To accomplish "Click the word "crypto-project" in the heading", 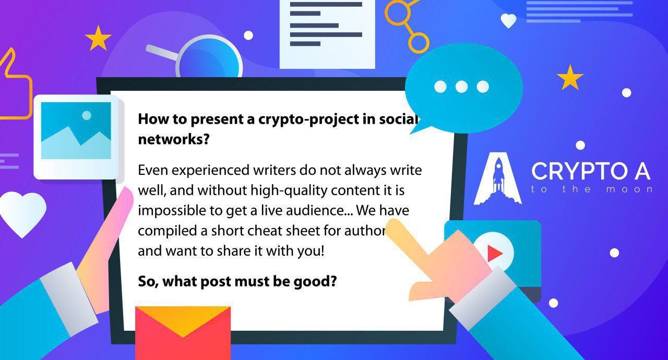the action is (x=308, y=119).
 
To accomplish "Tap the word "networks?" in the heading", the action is (x=174, y=139).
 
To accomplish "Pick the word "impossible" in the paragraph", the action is (x=172, y=211).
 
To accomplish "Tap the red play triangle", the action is (x=495, y=254).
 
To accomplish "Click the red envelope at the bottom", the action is (x=183, y=333).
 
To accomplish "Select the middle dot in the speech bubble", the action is (x=462, y=87).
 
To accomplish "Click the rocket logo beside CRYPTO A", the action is (x=498, y=178).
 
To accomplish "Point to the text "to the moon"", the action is (x=592, y=189).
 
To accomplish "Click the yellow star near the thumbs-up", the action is (x=98, y=39).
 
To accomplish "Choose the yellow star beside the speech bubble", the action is (x=570, y=78).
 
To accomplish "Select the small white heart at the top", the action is (x=508, y=20).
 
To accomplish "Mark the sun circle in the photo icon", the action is (x=87, y=115).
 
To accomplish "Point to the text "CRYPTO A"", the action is (x=591, y=171).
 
